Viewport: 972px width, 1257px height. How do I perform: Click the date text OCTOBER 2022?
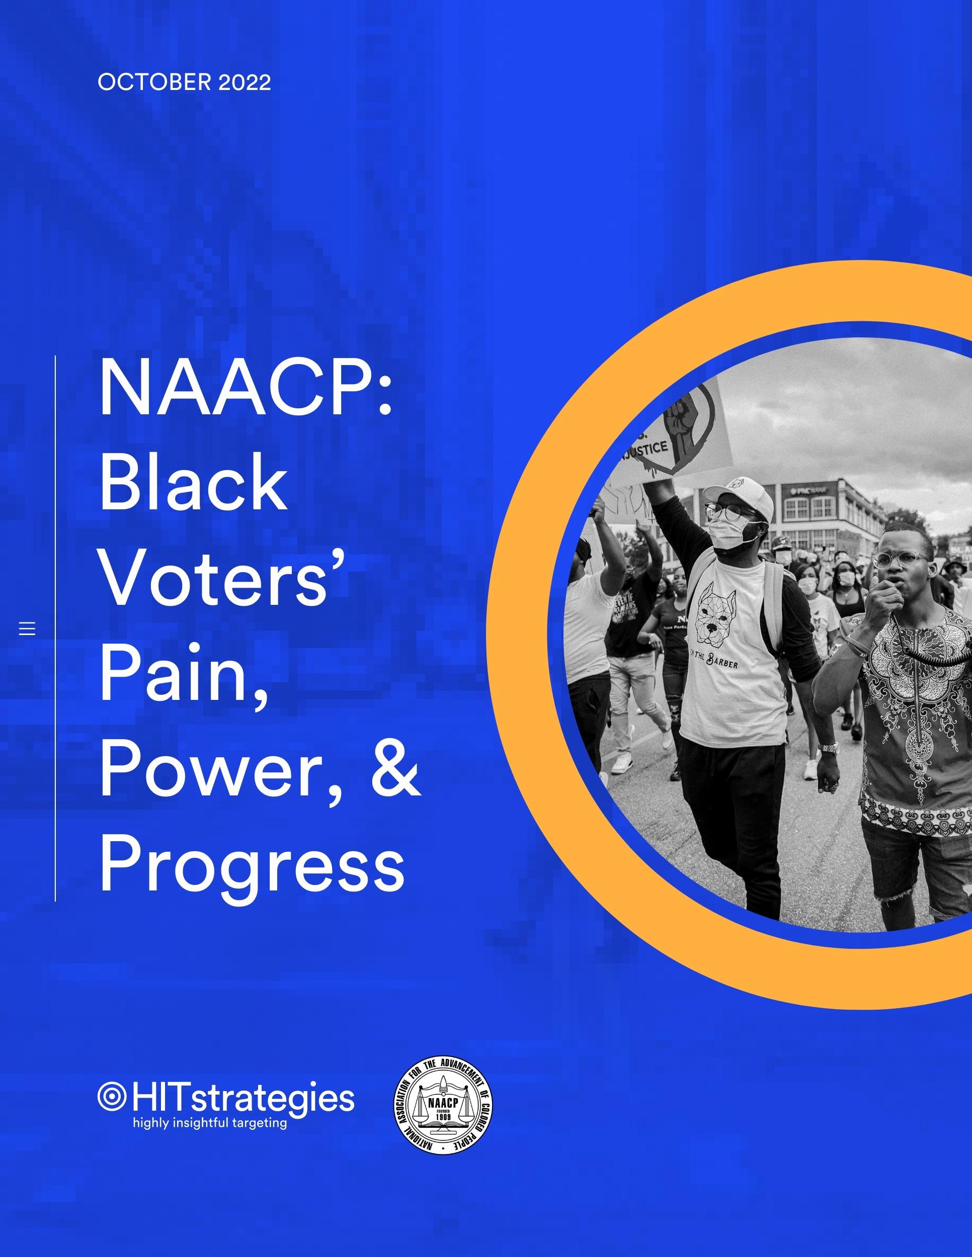(184, 83)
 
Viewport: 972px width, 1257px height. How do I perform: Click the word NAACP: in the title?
(246, 390)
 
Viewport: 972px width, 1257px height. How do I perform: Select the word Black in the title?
(194, 485)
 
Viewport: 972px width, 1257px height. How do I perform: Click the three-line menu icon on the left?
(27, 628)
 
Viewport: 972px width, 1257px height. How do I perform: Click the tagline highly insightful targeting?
(210, 1123)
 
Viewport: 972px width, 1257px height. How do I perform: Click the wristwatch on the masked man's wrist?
(828, 748)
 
